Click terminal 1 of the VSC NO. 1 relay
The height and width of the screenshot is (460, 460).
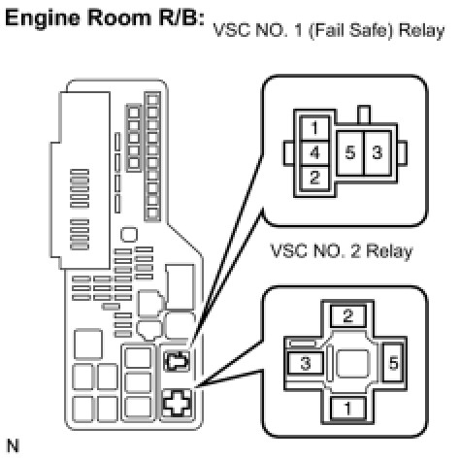(x=314, y=128)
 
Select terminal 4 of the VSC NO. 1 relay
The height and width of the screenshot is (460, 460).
(x=314, y=152)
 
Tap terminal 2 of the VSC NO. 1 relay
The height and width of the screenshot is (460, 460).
(x=314, y=178)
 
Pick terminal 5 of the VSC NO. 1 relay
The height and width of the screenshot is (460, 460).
(x=350, y=152)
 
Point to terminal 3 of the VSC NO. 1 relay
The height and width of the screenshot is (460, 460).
(x=378, y=152)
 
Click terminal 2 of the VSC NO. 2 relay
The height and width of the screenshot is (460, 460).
(x=348, y=315)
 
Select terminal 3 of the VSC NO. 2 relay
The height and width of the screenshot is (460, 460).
(x=306, y=363)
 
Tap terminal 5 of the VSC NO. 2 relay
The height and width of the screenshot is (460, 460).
(x=393, y=363)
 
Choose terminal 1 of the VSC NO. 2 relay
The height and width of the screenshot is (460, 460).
(x=348, y=409)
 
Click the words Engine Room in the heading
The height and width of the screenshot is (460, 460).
(x=79, y=18)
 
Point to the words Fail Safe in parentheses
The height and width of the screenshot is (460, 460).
(x=352, y=31)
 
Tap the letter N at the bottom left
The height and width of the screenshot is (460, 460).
(x=13, y=446)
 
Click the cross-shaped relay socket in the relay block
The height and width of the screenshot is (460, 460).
(x=177, y=404)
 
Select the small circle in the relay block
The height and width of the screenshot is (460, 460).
(x=129, y=235)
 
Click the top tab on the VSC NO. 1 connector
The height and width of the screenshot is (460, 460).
(x=364, y=115)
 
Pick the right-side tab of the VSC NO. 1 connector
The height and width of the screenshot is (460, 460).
(x=402, y=153)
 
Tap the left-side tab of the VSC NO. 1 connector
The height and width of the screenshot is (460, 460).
(x=289, y=153)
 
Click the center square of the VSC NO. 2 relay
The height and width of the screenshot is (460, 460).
(x=352, y=364)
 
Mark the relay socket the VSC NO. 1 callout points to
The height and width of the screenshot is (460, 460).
(x=177, y=361)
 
